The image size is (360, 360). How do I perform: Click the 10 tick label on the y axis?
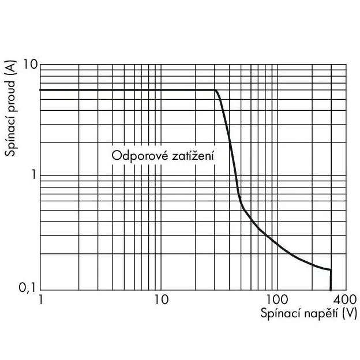pyautogui.click(x=31, y=65)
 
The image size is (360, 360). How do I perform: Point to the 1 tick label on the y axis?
pyautogui.click(x=34, y=175)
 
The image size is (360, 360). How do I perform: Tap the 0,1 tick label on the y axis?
pyautogui.click(x=27, y=287)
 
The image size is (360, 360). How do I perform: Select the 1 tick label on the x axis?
pyautogui.click(x=41, y=299)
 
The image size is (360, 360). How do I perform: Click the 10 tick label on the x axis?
pyautogui.click(x=162, y=299)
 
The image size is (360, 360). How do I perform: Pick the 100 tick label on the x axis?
pyautogui.click(x=277, y=299)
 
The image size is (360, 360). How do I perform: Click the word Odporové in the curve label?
pyautogui.click(x=140, y=156)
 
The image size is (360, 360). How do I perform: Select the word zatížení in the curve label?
pyautogui.click(x=193, y=155)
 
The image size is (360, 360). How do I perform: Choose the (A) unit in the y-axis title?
pyautogui.click(x=11, y=67)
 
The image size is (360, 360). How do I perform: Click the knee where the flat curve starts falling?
pyautogui.click(x=215, y=90)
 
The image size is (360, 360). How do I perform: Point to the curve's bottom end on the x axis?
pyautogui.click(x=331, y=290)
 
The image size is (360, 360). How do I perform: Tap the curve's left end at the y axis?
pyautogui.click(x=40, y=90)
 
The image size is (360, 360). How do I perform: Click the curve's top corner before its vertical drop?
pyautogui.click(x=331, y=269)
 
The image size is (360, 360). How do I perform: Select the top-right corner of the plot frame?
pyautogui.click(x=346, y=65)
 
